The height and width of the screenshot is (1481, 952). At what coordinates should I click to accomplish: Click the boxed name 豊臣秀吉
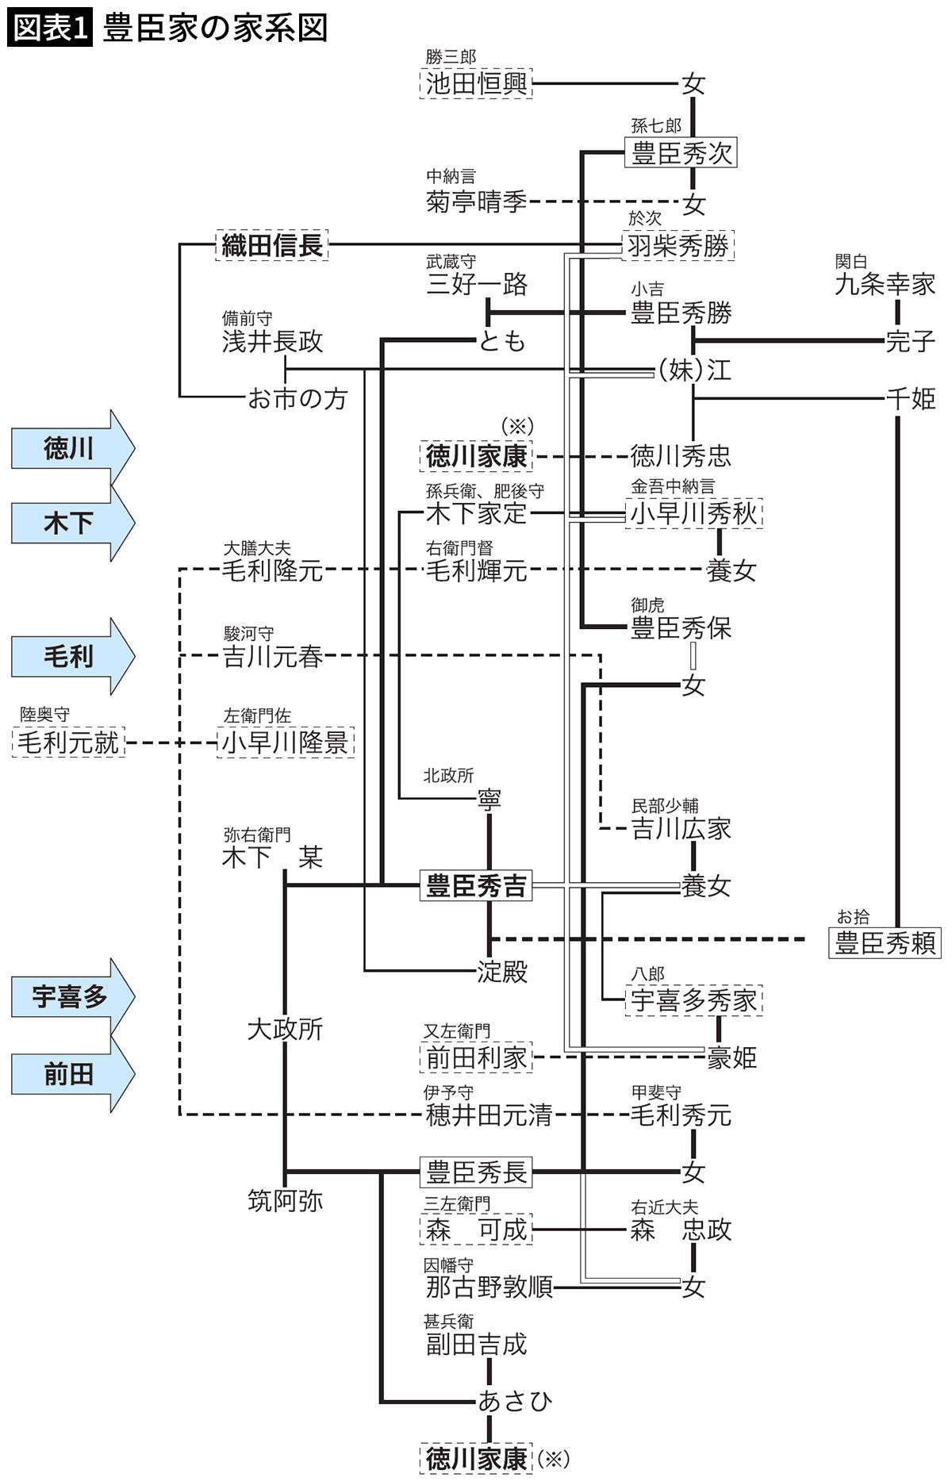coord(476,886)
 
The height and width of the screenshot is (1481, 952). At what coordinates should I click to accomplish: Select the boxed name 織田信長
coord(272,245)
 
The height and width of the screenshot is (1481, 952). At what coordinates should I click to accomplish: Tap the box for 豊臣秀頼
coord(885,943)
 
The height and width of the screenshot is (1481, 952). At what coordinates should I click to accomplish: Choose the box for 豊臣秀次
coord(681,152)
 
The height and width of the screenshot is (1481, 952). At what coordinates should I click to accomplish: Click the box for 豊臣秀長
coord(476,1172)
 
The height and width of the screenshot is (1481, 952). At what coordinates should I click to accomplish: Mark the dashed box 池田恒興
coord(476,83)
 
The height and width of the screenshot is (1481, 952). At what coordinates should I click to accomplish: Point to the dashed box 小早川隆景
coord(286,742)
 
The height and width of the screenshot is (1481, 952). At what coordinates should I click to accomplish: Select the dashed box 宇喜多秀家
coord(693,1000)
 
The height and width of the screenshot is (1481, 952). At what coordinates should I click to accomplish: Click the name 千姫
coord(911,398)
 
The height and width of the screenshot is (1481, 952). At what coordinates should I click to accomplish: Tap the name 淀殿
coord(502,972)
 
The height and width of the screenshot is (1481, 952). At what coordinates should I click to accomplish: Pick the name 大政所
coord(285,1030)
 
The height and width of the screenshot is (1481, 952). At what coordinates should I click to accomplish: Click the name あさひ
coord(515,1400)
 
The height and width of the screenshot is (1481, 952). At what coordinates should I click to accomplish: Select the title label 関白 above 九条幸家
coord(850,261)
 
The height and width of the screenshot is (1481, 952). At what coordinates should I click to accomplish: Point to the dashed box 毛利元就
coord(69,742)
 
